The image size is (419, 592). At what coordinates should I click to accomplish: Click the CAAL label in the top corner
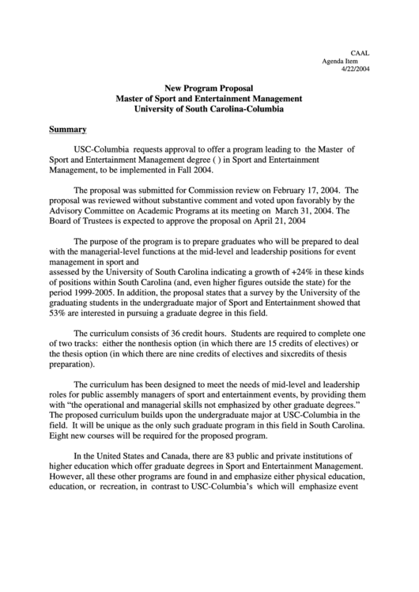[x=360, y=53]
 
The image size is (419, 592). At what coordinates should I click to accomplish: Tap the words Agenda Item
[x=345, y=61]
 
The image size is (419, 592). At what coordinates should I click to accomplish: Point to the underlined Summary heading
[x=68, y=128]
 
